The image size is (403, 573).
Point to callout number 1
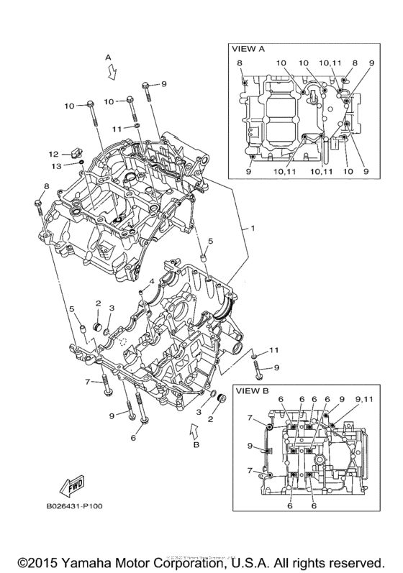(x=252, y=228)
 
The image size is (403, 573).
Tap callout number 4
(x=153, y=280)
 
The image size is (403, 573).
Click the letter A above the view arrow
(x=108, y=56)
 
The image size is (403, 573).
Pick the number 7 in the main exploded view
(x=87, y=381)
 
